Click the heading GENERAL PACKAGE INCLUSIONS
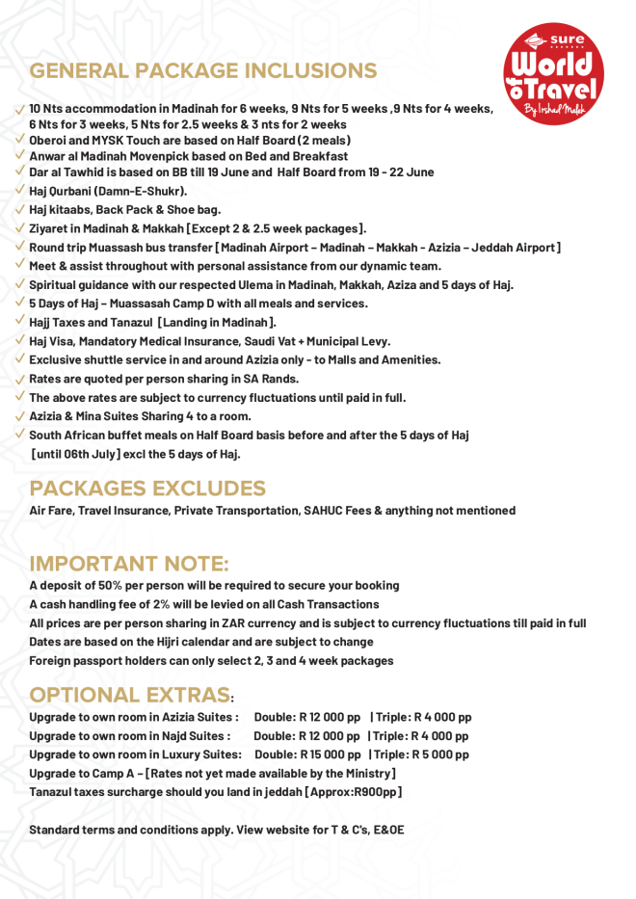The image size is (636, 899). (x=203, y=70)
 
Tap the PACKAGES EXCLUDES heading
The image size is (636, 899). (x=147, y=488)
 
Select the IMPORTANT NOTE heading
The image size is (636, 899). (x=129, y=563)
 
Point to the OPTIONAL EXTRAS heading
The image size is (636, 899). (x=130, y=695)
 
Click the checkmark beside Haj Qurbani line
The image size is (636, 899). (x=20, y=191)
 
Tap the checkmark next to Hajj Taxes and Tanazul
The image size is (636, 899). (x=20, y=322)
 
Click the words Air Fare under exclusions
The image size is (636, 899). (x=50, y=511)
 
